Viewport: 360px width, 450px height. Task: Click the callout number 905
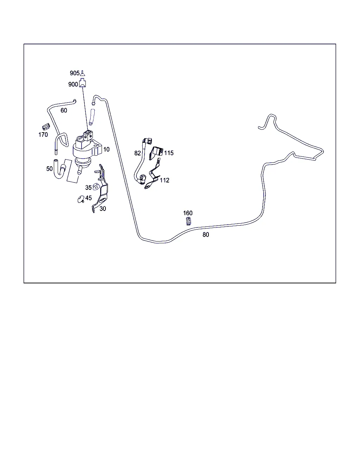point(75,73)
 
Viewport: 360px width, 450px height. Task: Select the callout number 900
point(73,84)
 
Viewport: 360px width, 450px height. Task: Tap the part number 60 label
point(64,110)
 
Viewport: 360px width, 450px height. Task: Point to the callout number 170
point(43,135)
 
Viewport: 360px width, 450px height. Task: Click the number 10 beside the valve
point(107,149)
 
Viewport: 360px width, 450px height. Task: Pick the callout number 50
point(49,169)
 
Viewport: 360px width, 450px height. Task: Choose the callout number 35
point(88,188)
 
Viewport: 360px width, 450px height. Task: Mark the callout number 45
point(89,198)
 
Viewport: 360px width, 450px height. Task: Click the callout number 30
point(103,209)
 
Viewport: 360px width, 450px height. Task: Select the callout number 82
point(137,153)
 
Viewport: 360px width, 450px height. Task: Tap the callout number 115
point(169,153)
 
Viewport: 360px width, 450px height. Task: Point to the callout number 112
point(165,180)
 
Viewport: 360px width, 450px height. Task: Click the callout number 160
point(188,213)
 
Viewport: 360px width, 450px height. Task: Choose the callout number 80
point(206,235)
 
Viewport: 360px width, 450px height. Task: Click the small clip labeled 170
point(46,127)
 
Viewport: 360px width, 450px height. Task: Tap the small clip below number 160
point(188,221)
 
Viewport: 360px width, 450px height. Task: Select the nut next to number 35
point(96,187)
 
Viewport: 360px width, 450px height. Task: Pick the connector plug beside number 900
point(83,83)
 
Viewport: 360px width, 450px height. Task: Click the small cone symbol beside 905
point(83,73)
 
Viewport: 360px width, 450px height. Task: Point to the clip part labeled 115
point(156,153)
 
